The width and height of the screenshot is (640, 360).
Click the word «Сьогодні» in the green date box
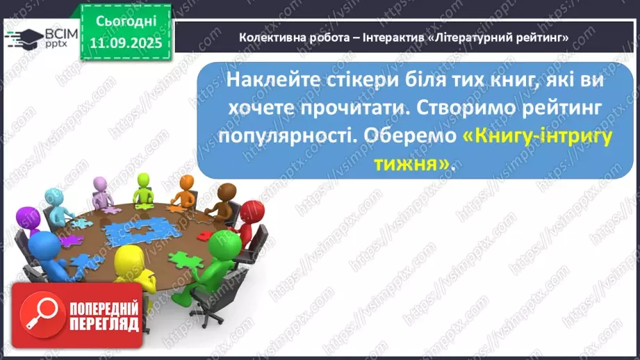(x=126, y=22)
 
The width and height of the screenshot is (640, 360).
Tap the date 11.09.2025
(x=126, y=42)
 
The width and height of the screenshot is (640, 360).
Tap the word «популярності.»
(x=282, y=136)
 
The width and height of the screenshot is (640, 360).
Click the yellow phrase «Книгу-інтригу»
(x=536, y=136)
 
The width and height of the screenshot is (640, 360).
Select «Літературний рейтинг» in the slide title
(x=502, y=38)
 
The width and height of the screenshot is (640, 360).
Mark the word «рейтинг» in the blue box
(x=540, y=108)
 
